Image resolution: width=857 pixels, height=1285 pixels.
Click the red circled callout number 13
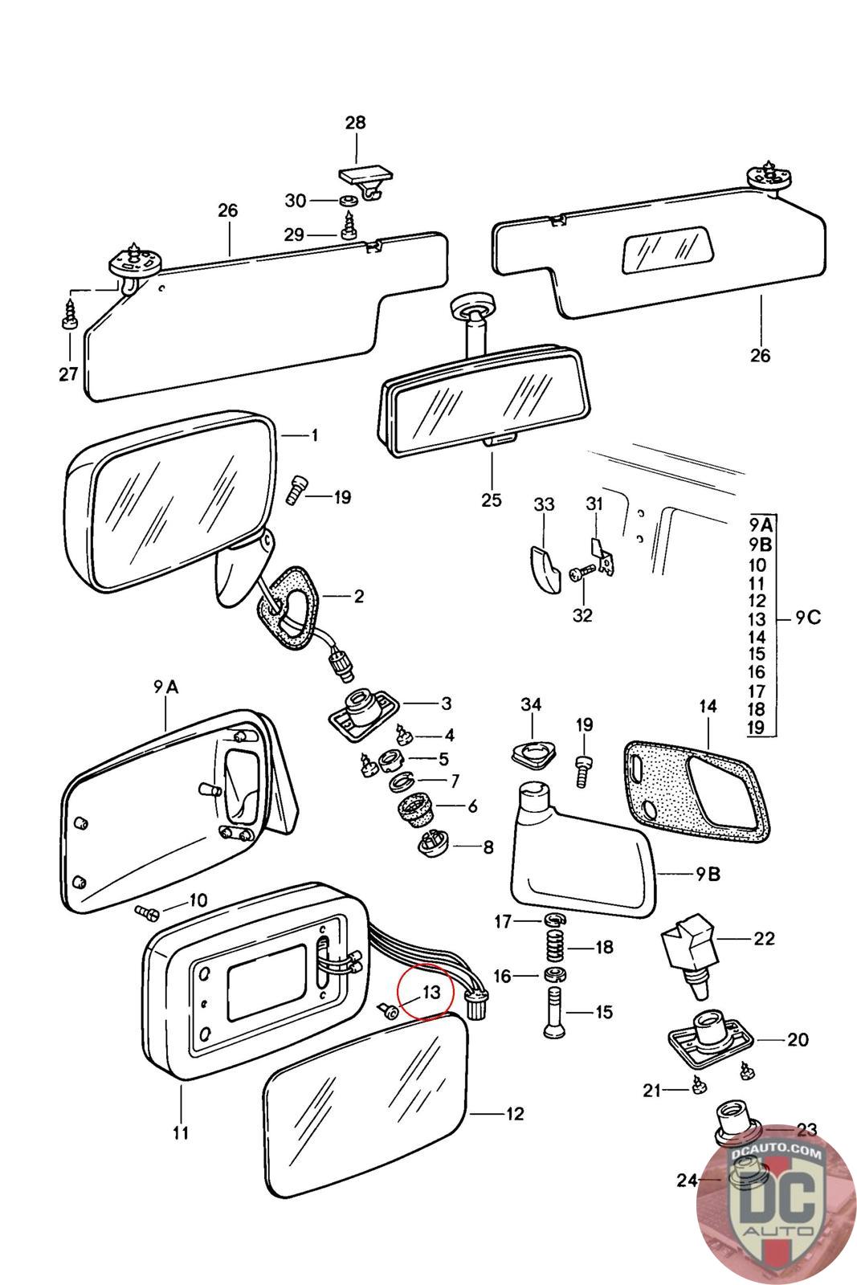[x=431, y=992]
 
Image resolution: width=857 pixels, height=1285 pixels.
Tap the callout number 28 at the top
[x=355, y=123]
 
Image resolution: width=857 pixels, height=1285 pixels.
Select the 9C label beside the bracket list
[x=809, y=618]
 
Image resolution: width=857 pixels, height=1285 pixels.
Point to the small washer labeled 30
[x=349, y=200]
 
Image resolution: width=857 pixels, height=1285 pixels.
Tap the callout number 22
[x=763, y=938]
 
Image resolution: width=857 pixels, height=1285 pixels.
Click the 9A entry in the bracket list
[x=761, y=526]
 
